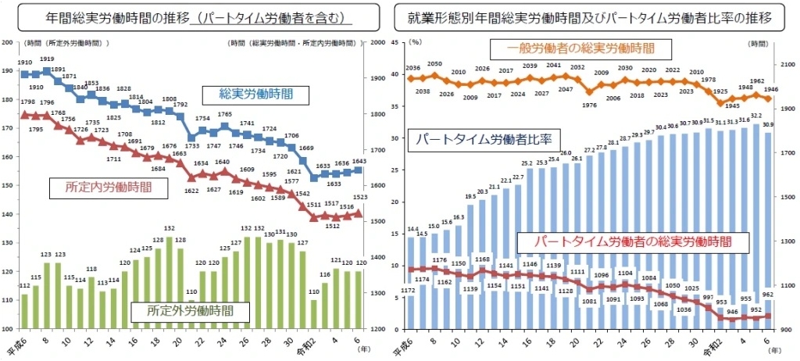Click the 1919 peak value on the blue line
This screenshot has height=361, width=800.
coord(47,59)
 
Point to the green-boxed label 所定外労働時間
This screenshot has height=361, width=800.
coord(190,312)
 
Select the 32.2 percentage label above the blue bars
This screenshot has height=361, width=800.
coord(755,116)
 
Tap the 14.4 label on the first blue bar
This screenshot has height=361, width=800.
coord(414,229)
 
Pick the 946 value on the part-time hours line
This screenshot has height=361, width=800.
coord(730,311)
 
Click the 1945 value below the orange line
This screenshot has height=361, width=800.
coord(733,105)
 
